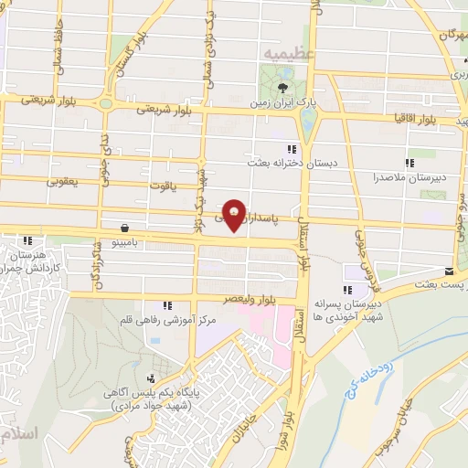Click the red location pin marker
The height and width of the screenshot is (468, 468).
pyautogui.click(x=236, y=214)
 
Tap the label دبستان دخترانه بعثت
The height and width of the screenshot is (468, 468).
pyautogui.click(x=283, y=163)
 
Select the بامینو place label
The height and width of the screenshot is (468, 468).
pyautogui.click(x=123, y=243)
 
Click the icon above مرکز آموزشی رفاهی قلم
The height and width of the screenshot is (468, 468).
pyautogui.click(x=165, y=305)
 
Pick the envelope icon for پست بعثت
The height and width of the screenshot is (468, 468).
pyautogui.click(x=449, y=271)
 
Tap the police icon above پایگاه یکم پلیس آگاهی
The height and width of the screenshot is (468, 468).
pyautogui.click(x=153, y=378)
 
